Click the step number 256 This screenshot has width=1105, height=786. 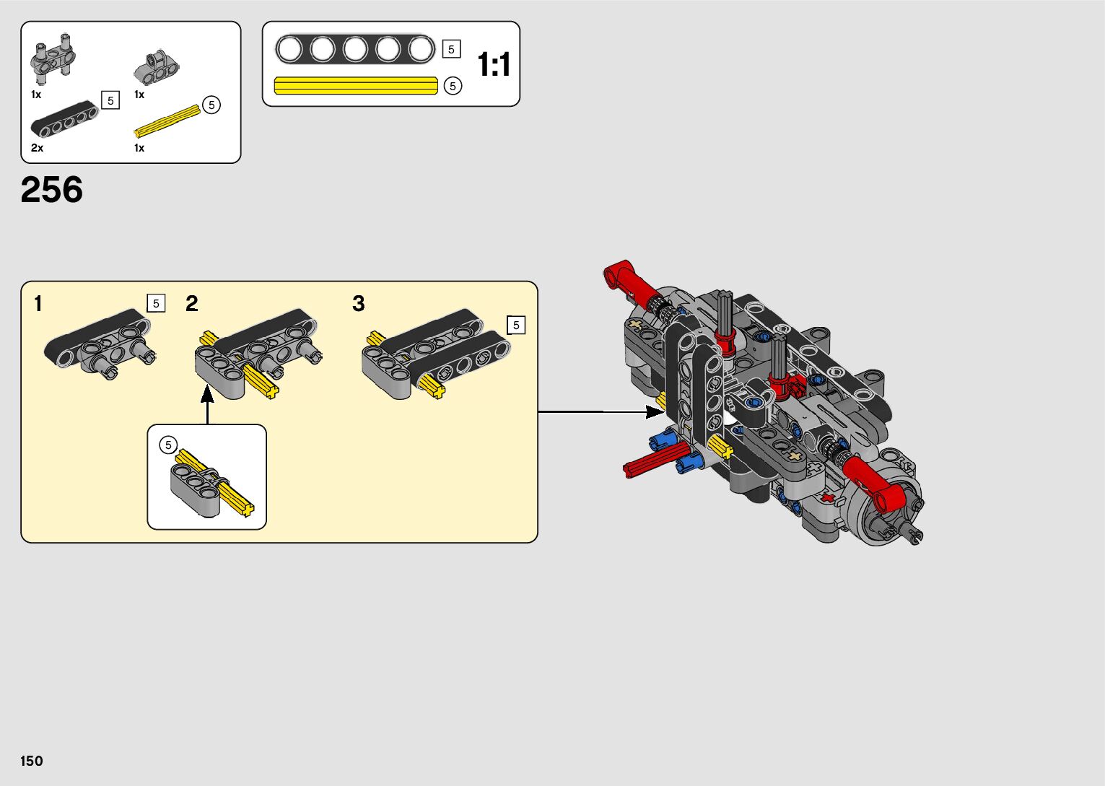(x=52, y=190)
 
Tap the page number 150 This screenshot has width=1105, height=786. (x=32, y=761)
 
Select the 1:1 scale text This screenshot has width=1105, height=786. (x=494, y=65)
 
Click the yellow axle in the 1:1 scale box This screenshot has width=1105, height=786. (x=356, y=86)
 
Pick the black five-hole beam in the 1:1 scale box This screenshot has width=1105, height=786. (x=354, y=50)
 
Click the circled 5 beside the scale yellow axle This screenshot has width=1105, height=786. (x=452, y=86)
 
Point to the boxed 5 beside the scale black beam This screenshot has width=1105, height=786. (x=451, y=49)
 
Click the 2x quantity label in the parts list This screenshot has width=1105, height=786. (x=37, y=148)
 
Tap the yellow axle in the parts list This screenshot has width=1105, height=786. (x=167, y=121)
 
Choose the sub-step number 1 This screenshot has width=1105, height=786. (x=38, y=304)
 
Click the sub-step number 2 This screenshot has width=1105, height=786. (x=191, y=303)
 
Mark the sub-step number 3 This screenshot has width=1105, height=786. (x=358, y=304)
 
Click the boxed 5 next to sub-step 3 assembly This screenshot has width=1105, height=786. (x=516, y=326)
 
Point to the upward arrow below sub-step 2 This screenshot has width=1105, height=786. (x=207, y=404)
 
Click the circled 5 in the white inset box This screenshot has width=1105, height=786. (x=168, y=445)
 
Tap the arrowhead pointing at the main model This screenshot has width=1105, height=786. (x=654, y=412)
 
